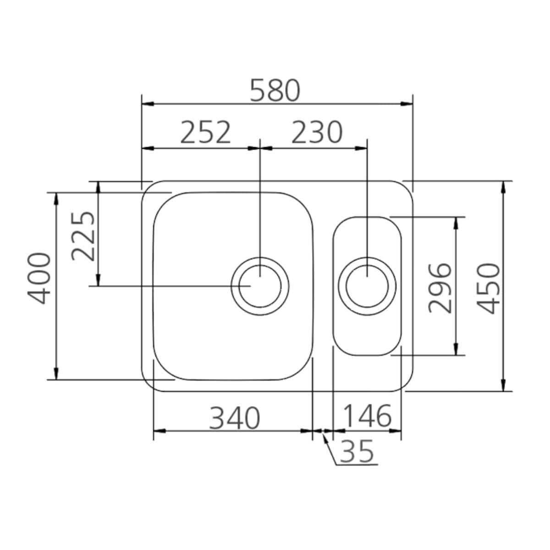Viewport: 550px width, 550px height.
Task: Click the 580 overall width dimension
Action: (x=275, y=90)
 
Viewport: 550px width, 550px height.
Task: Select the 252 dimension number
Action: (x=205, y=132)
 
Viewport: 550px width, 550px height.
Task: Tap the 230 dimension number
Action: (x=317, y=132)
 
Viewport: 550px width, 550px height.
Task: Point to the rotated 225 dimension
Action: (x=83, y=236)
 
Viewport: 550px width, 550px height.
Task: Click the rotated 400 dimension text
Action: (x=39, y=278)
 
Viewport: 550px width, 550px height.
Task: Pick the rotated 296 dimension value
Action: (x=440, y=288)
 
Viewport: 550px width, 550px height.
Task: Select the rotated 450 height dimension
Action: (x=488, y=289)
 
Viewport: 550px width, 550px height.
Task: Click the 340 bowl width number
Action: (x=235, y=418)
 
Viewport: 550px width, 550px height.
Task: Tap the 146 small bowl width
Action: (x=367, y=416)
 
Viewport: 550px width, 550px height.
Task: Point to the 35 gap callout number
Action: (x=357, y=451)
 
